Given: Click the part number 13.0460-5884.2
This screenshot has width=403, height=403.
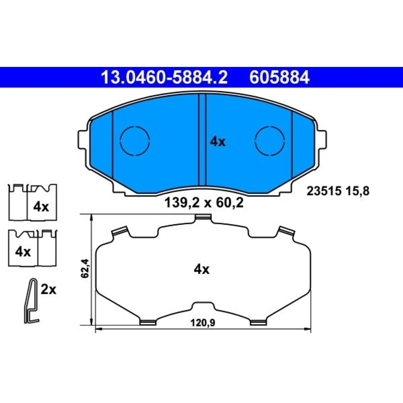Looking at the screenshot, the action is pyautogui.click(x=164, y=77).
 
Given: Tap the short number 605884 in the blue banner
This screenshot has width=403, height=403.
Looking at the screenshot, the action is pyautogui.click(x=279, y=77).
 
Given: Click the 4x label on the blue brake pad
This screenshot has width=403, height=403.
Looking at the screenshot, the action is pyautogui.click(x=218, y=141).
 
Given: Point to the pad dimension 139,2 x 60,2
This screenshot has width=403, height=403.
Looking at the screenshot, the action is pyautogui.click(x=204, y=203).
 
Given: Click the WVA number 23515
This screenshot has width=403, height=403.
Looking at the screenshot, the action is pyautogui.click(x=324, y=191).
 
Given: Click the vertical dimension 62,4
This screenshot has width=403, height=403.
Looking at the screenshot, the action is pyautogui.click(x=85, y=268).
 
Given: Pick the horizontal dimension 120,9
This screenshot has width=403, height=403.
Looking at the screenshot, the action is pyautogui.click(x=203, y=322).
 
